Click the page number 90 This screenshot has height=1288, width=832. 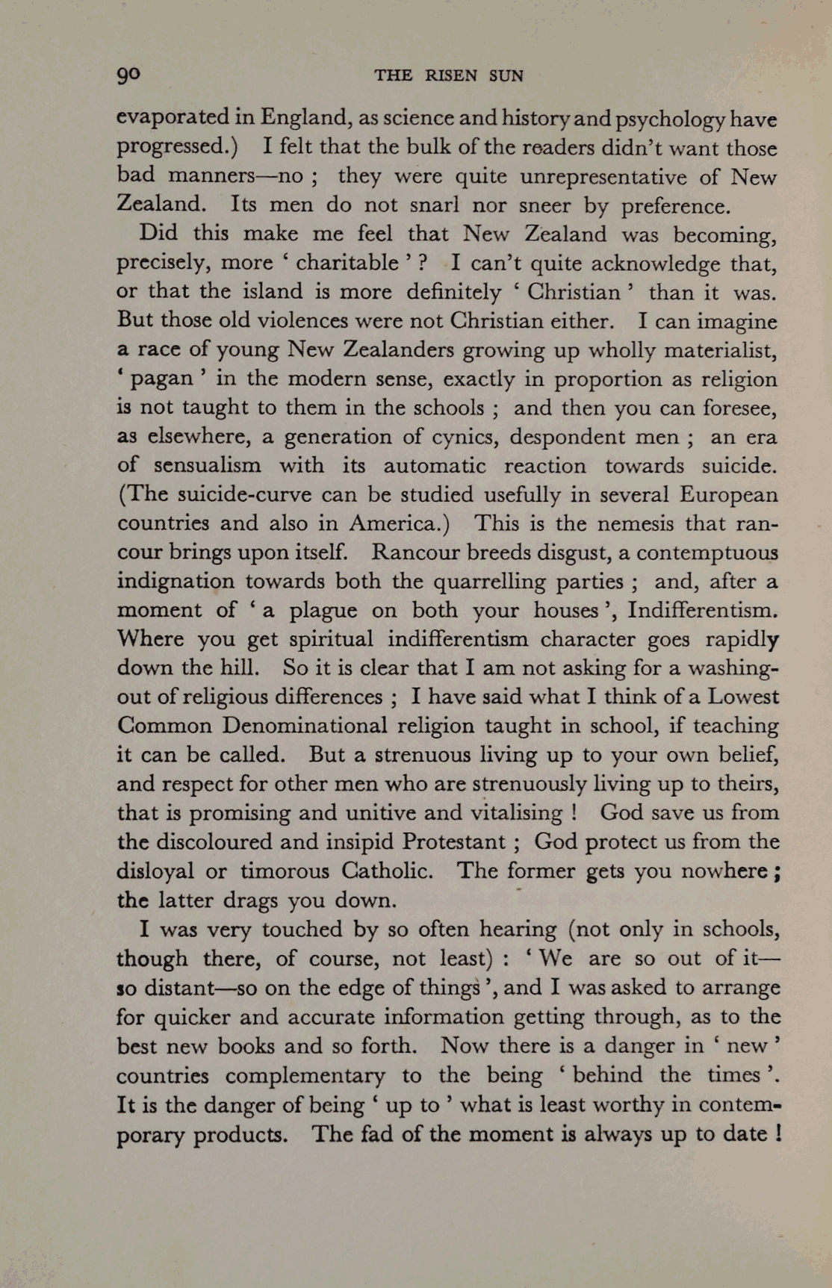click(x=128, y=75)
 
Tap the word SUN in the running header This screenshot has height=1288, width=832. click(x=506, y=75)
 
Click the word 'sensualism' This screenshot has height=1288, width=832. click(x=208, y=466)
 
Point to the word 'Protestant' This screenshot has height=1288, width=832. click(x=453, y=841)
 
